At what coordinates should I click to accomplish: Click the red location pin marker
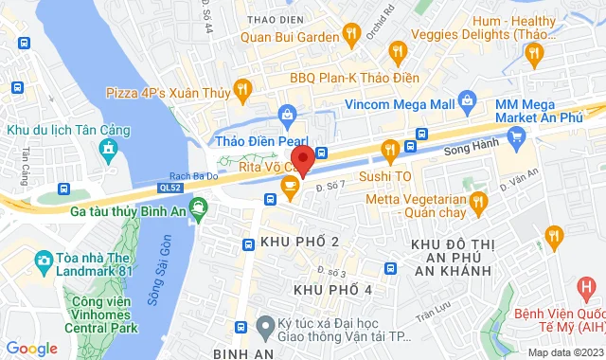point(301,159)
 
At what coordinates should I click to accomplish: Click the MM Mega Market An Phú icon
point(515,138)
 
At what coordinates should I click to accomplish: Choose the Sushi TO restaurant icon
point(388,149)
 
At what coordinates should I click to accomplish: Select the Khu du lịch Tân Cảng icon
point(109,149)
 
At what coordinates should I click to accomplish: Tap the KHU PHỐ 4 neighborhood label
point(332,289)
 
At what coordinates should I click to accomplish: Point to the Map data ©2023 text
point(564,352)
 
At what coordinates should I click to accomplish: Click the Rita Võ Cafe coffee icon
point(289,186)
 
